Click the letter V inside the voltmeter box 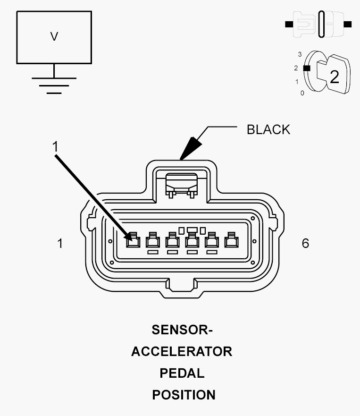coord(54,36)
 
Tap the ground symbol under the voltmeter coord(54,85)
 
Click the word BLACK coord(268,130)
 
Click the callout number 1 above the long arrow coord(55,146)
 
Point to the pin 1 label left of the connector coord(60,243)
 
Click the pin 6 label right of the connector coord(305,243)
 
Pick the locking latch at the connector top coord(182,185)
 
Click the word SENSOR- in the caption coord(182,330)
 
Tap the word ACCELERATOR coord(182,351)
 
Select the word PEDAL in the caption coord(182,374)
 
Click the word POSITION coord(184,395)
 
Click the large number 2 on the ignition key coord(335,77)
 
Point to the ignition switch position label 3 coord(300,54)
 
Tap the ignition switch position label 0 coord(302,93)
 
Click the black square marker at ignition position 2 coord(307,68)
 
